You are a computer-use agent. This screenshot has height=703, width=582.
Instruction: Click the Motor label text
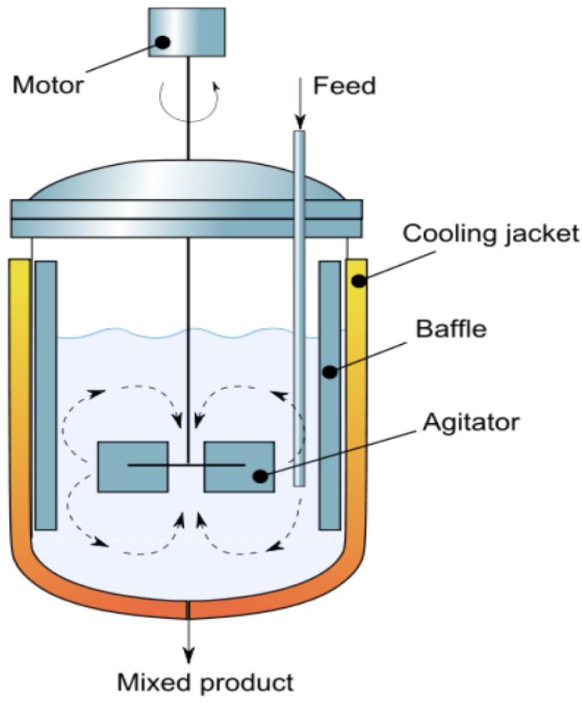[49, 85]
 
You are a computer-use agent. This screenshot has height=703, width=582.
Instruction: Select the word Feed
[344, 85]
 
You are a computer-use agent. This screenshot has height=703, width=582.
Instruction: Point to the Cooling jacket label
[490, 232]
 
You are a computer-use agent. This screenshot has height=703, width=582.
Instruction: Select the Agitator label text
[469, 421]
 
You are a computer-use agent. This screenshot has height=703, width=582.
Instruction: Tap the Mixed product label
[205, 684]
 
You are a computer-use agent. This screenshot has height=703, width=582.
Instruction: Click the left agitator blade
[133, 466]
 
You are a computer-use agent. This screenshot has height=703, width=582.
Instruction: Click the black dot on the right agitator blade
[261, 476]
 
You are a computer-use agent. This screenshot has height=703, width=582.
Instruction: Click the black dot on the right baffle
[331, 371]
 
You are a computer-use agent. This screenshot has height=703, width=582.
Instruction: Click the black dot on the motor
[162, 42]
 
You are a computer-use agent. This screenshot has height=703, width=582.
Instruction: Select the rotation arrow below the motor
[190, 96]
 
